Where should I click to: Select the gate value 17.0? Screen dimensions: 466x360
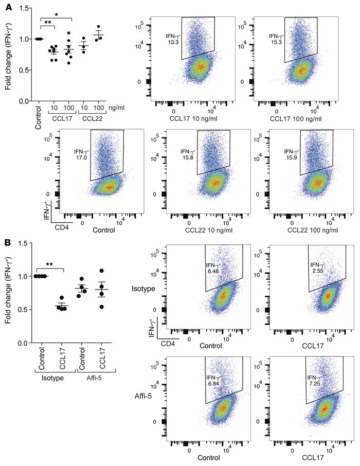82,157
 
